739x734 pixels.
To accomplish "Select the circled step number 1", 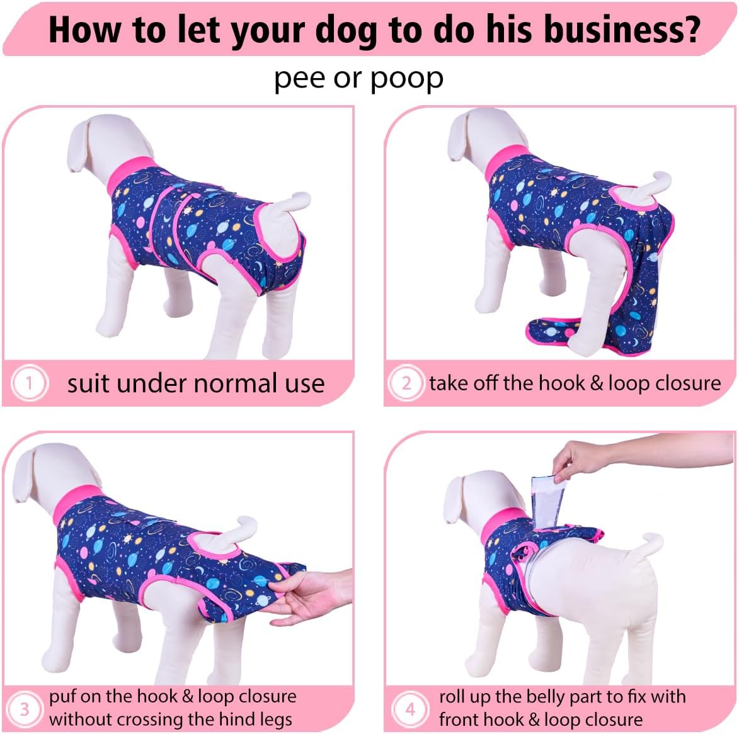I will pos(29,383).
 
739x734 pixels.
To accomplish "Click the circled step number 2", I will pos(406,383).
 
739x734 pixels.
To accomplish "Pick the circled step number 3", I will pos(25,709).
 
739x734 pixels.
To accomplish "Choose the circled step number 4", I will pos(410,709).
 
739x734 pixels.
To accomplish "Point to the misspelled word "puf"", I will pos(64,697).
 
